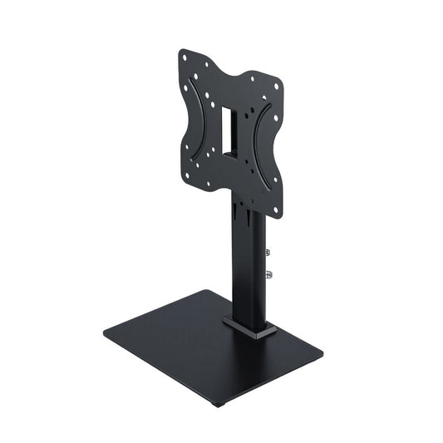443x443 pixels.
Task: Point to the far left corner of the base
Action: pos(105,334)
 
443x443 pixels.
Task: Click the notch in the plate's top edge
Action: pos(232,69)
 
